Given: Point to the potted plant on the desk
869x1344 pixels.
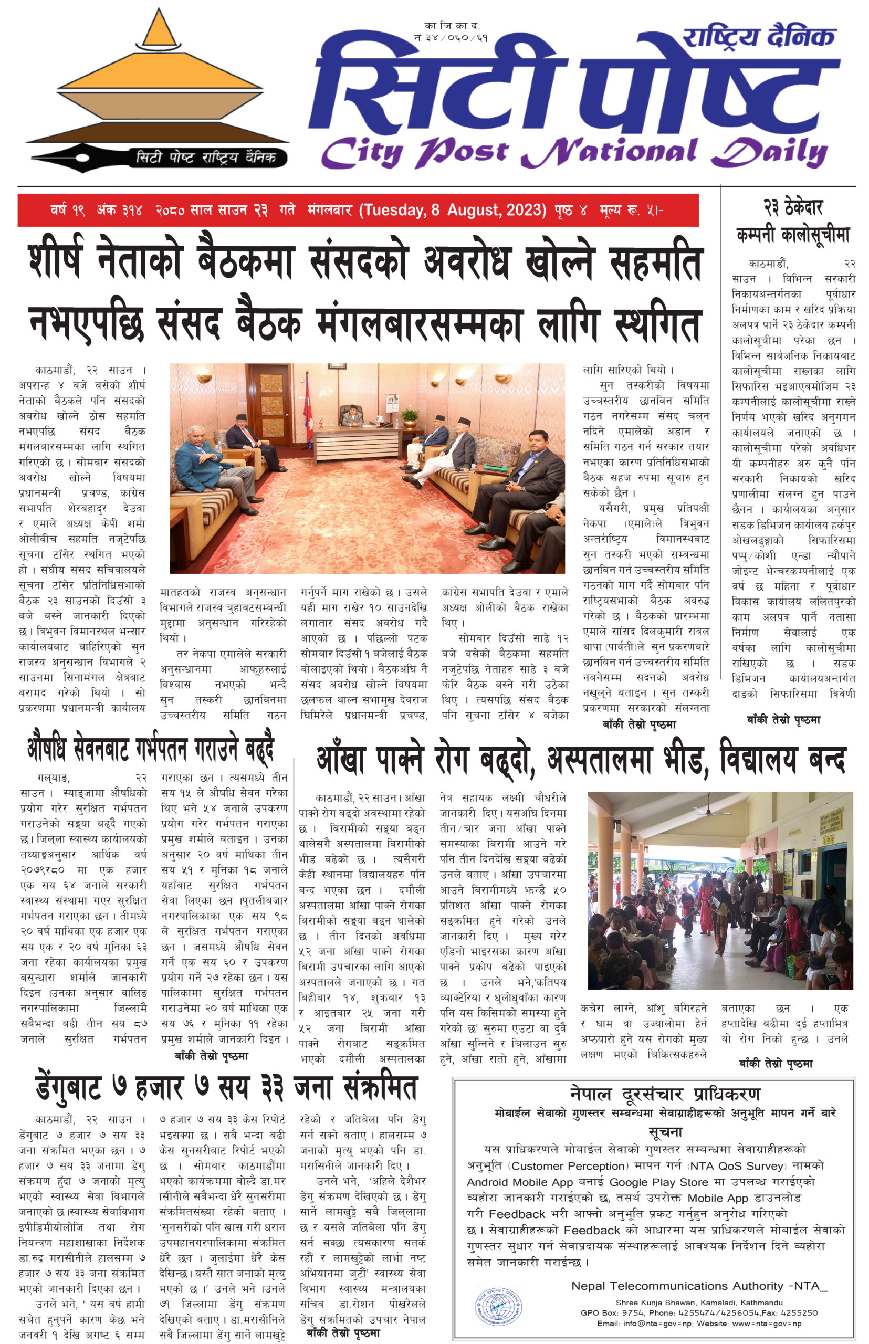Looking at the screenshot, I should coord(409,418).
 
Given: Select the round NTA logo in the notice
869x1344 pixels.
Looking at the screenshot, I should coord(498,1307).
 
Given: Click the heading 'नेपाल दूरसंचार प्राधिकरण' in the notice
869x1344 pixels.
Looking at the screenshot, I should coord(666,1094).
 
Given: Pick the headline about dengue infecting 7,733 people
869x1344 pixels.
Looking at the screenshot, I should coord(226,1088).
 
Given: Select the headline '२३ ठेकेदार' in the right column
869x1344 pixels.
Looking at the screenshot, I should coord(793,207).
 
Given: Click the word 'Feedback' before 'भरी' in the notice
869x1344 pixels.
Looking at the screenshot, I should coord(517,1213).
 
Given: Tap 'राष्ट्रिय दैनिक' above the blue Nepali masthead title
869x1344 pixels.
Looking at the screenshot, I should coord(758,37).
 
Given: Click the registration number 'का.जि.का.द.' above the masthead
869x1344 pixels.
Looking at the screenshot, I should coord(452,26).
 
